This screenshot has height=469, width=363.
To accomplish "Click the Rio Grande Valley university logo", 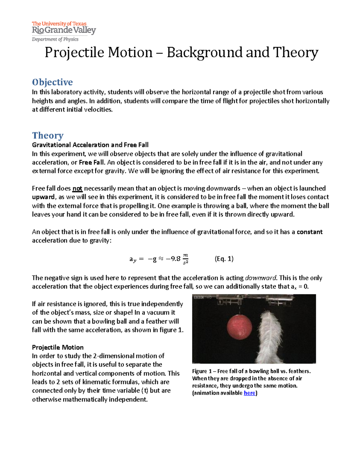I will [x=64, y=28].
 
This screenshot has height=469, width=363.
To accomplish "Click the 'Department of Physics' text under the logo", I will [x=55, y=39].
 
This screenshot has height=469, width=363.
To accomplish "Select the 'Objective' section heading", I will [x=52, y=82].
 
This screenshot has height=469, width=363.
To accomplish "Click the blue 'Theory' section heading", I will [x=48, y=135].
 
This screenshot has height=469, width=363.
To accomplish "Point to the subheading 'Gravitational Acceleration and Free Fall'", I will [x=90, y=145].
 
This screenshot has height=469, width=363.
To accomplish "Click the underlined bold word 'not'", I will [x=77, y=189].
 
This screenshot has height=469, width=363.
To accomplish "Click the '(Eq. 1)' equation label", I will [x=224, y=259].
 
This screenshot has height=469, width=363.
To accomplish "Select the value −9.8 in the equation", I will [x=173, y=259].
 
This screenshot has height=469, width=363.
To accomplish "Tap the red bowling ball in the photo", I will [x=239, y=327].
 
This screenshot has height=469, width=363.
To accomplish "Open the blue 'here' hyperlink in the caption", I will [x=250, y=393].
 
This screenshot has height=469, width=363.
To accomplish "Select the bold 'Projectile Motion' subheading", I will [x=58, y=347].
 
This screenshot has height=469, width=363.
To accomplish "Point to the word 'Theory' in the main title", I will [x=296, y=53].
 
